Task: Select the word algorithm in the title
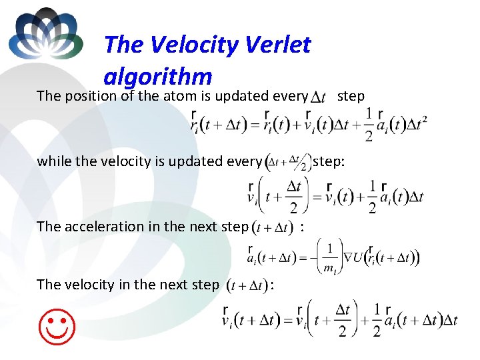(157, 76)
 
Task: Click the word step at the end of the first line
(351, 96)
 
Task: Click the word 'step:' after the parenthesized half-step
(329, 161)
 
